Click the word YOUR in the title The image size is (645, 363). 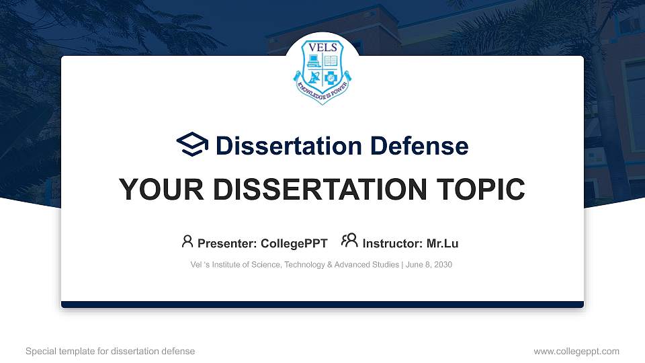click(x=156, y=190)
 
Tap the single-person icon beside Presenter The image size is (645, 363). click(x=187, y=241)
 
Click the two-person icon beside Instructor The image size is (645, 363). click(x=349, y=241)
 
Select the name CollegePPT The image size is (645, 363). click(x=294, y=243)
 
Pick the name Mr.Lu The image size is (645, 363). click(x=442, y=243)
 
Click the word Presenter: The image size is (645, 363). click(x=227, y=243)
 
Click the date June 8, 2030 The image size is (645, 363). click(x=429, y=265)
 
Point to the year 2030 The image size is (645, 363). click(x=443, y=265)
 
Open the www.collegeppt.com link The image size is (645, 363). click(x=576, y=351)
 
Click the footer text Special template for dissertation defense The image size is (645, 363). click(x=110, y=351)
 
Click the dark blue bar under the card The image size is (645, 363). click(x=322, y=305)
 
